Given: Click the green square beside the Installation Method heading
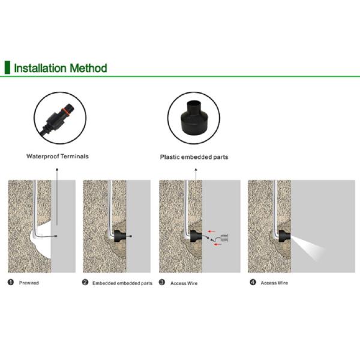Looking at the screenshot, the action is [7, 67].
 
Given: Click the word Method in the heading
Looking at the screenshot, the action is [88, 68].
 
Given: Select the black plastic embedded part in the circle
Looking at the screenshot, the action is [194, 118].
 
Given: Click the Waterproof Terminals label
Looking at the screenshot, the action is [58, 157].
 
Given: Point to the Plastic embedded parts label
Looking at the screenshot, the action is [194, 157].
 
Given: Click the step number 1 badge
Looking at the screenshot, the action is [11, 282].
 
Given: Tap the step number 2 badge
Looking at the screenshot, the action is [85, 282].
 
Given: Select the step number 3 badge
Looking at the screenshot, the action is [162, 282].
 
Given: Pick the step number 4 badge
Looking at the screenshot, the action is [253, 282].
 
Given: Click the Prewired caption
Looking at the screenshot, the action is [29, 283].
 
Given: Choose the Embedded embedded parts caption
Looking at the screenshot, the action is [122, 283].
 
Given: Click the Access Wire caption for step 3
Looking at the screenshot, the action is [184, 283].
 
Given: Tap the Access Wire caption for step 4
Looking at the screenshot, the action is [274, 283].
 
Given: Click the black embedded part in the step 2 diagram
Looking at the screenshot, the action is [120, 236].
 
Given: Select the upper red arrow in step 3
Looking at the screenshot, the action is [211, 232].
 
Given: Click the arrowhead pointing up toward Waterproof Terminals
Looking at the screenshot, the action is [57, 169].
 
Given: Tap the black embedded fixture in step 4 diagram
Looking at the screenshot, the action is [284, 236].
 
